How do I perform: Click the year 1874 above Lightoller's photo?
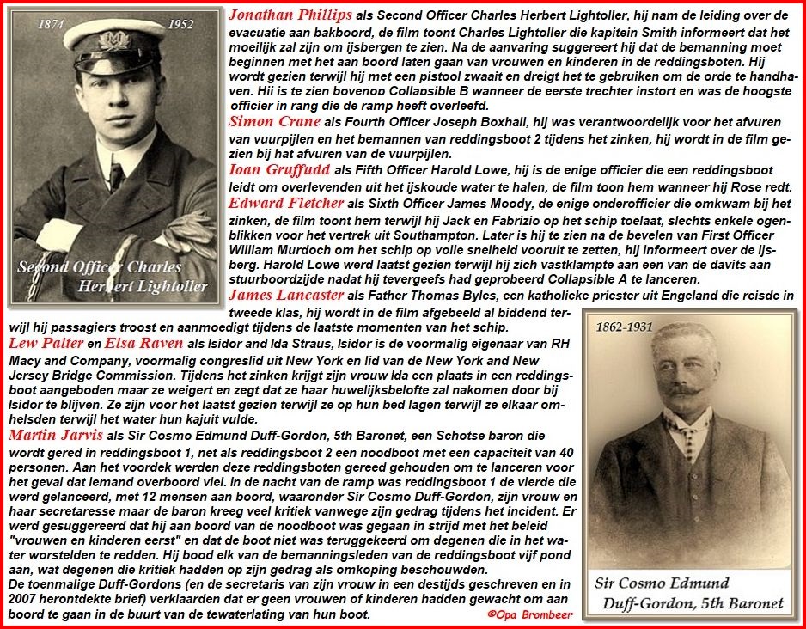pos(53,26)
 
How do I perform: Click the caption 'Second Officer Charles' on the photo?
pos(89,266)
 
